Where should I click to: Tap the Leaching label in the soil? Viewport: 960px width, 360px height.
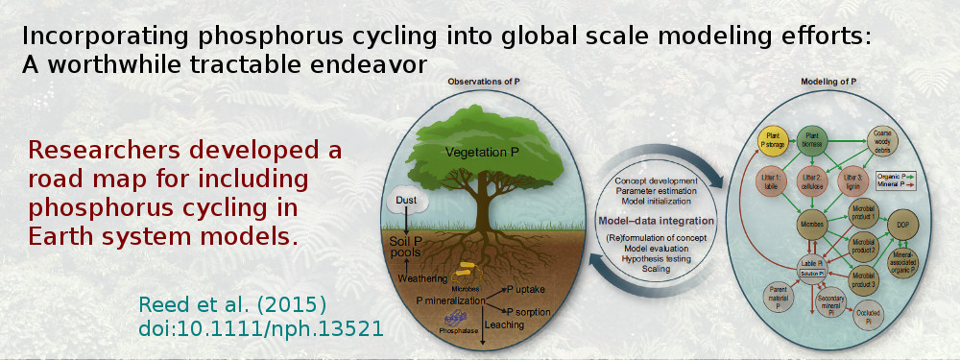tap(503, 325)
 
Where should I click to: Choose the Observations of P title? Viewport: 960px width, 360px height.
tap(482, 83)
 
